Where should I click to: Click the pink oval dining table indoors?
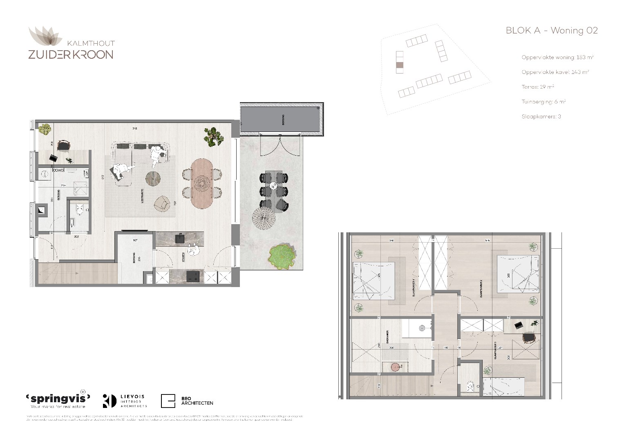tap(201, 183)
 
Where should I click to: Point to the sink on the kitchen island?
tap(180, 238)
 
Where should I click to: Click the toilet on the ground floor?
tap(80, 210)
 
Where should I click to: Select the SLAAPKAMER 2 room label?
tap(482, 288)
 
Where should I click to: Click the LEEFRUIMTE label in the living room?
tap(142, 196)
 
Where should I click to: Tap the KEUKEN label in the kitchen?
tap(183, 257)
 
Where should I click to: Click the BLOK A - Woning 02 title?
tap(551, 31)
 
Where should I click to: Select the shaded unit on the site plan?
tap(400, 65)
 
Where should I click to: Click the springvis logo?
tap(58, 398)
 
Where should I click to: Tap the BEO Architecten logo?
tap(187, 401)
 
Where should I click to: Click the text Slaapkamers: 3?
tap(541, 116)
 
